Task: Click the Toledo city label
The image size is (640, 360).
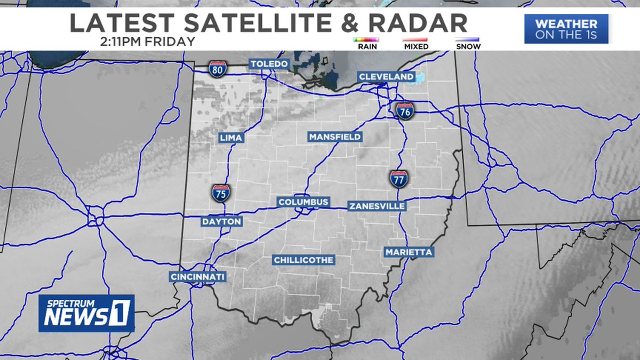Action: point(270,64)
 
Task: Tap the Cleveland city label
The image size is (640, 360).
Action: point(386,77)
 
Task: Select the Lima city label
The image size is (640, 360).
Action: point(231,138)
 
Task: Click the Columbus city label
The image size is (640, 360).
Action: point(303,203)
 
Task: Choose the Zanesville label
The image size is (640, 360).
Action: point(377,206)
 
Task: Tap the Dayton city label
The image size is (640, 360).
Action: point(222,221)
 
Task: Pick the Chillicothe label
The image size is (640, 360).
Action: point(303,260)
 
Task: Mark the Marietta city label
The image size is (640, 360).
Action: point(409,252)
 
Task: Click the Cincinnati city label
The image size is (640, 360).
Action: point(198,277)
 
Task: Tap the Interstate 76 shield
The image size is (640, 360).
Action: point(405,111)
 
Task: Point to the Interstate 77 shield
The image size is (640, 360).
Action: point(398,179)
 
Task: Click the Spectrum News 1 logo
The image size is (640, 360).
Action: point(86,313)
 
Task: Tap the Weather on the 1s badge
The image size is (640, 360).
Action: point(566,29)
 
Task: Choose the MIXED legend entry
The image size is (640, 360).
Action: point(416,43)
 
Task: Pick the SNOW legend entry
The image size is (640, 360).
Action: point(468,43)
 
